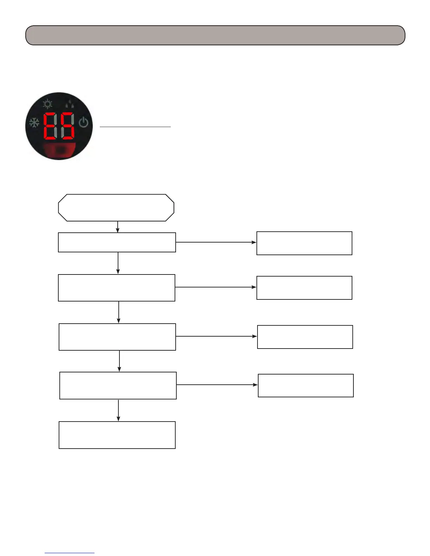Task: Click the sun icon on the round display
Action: [47, 104]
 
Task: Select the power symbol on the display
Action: [83, 123]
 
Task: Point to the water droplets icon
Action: [70, 104]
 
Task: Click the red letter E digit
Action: [51, 126]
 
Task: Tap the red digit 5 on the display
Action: [67, 126]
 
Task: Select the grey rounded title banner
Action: [215, 35]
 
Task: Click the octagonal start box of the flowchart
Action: [116, 208]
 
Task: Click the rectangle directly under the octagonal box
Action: [117, 242]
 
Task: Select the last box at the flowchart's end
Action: [117, 435]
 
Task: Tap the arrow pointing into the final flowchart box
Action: [118, 410]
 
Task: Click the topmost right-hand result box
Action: [304, 243]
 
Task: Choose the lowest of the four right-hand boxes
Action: [306, 385]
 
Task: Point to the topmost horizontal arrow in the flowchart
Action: [216, 242]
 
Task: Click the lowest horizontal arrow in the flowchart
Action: [217, 385]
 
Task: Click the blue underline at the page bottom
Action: [70, 553]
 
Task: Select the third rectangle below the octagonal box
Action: [117, 337]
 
